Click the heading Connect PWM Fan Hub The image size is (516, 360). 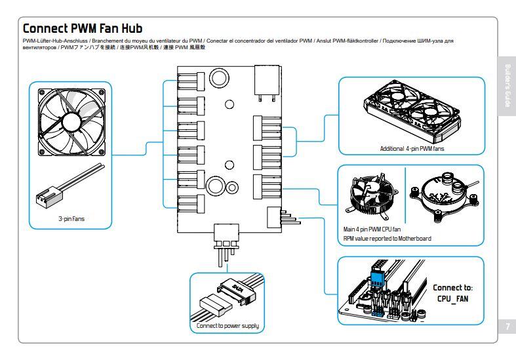tap(82, 29)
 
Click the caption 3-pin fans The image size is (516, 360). tap(70, 218)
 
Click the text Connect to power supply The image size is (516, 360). tap(228, 325)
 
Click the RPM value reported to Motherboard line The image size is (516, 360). tap(387, 238)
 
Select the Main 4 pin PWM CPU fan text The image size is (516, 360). tap(372, 230)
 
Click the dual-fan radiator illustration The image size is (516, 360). tap(410, 114)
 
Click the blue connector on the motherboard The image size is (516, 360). tap(379, 278)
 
